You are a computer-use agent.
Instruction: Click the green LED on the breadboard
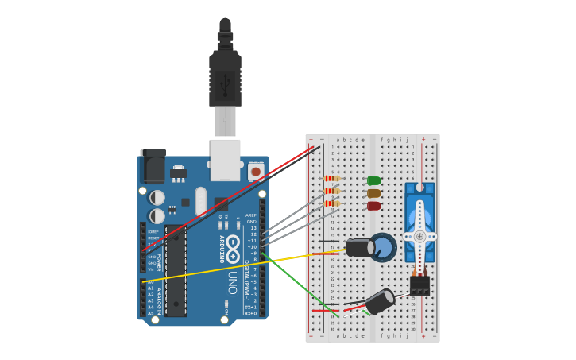(373, 181)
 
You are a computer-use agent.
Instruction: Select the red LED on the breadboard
(373, 206)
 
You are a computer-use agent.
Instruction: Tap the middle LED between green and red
(373, 193)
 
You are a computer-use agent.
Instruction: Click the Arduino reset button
(256, 172)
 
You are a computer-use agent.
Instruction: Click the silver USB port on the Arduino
(225, 159)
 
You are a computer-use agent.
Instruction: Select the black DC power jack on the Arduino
(153, 166)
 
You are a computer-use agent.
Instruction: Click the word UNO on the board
(233, 281)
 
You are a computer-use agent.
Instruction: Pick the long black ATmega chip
(176, 270)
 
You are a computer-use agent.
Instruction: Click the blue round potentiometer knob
(384, 247)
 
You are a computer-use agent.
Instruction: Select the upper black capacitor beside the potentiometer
(359, 248)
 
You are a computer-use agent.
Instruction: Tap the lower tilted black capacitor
(379, 302)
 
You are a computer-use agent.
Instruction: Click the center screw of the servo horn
(419, 236)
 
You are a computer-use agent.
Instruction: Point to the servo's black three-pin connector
(419, 285)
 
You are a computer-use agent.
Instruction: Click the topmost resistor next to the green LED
(333, 179)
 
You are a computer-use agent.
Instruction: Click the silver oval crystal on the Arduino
(201, 202)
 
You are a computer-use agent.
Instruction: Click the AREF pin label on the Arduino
(251, 215)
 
